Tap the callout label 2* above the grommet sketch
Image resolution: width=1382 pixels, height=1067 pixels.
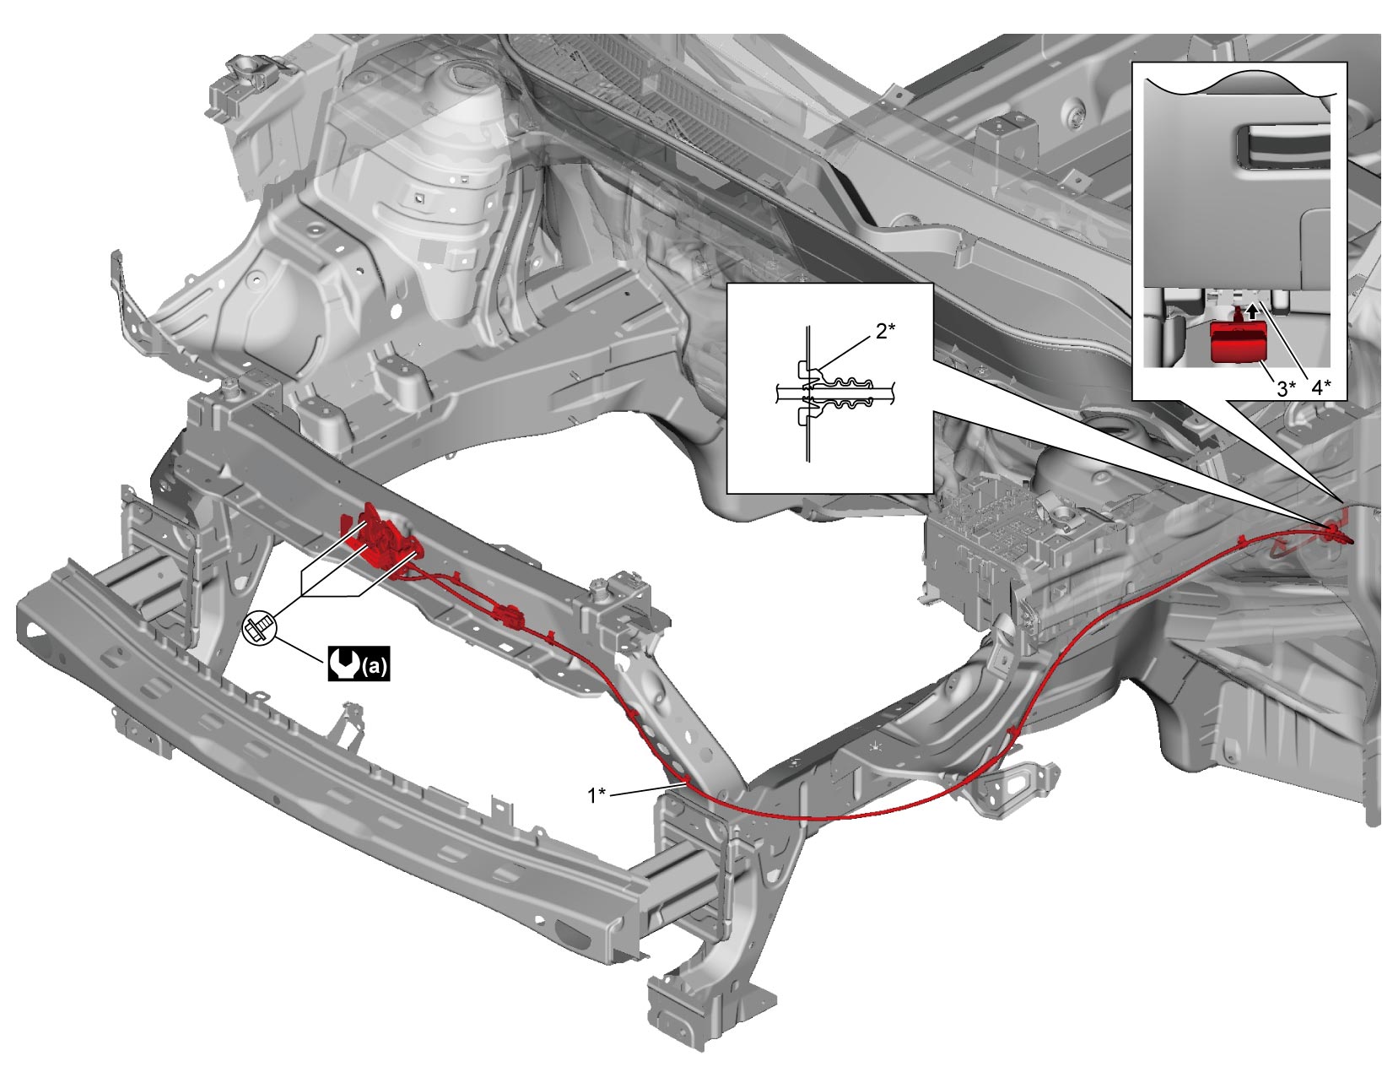(885, 331)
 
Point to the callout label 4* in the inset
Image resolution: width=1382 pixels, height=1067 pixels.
(1322, 387)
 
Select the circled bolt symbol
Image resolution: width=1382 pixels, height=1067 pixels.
(260, 628)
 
